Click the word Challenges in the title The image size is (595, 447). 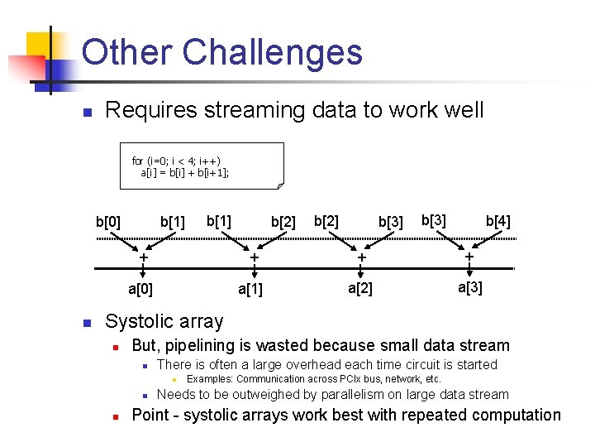point(272,52)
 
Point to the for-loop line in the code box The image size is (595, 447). point(176,161)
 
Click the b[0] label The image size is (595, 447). point(108,222)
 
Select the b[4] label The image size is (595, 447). point(497,221)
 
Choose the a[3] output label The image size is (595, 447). point(470,287)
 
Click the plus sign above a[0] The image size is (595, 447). point(143,257)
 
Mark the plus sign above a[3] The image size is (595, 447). point(469,257)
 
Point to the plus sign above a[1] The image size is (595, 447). point(254,257)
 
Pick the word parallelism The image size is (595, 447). point(340,394)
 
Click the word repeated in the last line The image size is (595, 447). point(416,415)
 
